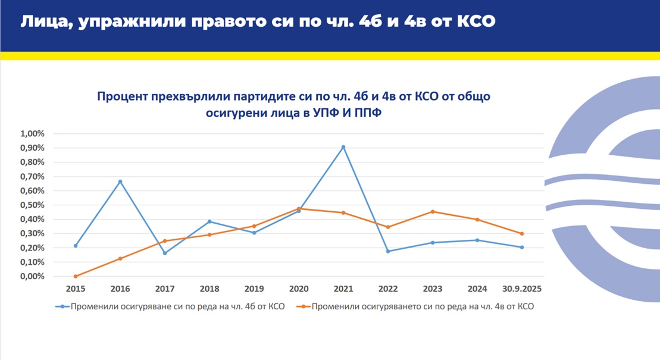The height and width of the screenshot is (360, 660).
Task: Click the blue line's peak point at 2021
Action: [x=343, y=147]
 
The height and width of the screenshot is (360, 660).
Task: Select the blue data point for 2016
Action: [x=120, y=181]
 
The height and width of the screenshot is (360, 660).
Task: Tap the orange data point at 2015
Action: [x=76, y=276]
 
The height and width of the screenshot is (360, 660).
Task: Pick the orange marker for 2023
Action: [x=433, y=212]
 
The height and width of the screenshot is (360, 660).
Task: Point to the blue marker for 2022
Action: [x=388, y=251]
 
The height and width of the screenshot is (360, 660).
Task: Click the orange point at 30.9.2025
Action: [x=522, y=234]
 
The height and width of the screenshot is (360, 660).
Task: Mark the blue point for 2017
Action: [x=165, y=253]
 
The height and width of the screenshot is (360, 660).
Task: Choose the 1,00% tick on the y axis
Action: [x=33, y=133]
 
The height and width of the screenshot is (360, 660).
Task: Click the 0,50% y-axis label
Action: [x=33, y=205]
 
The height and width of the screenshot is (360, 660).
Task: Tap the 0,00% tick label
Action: [x=33, y=276]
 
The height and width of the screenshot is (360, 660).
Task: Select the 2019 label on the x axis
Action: [x=254, y=289]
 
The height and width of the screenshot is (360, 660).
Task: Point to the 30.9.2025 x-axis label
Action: [x=522, y=289]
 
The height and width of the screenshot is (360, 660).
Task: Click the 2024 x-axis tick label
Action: [x=477, y=289]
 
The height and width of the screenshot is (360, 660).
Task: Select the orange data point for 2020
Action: [x=299, y=208]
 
